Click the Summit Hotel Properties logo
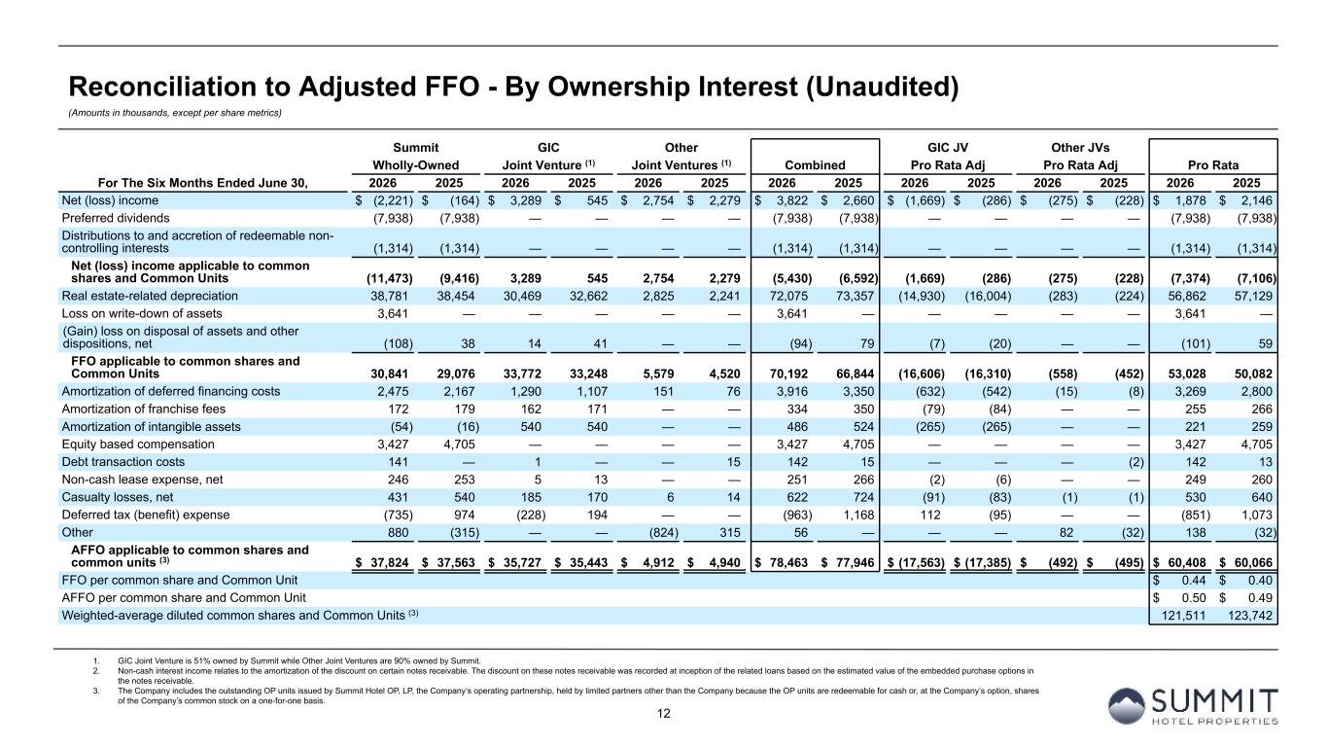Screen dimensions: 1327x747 (x=1193, y=706)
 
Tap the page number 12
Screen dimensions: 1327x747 (x=663, y=713)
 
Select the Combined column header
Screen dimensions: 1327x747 (x=815, y=164)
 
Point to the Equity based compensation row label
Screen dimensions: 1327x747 (x=138, y=445)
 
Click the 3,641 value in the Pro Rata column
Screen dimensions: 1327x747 (x=1190, y=313)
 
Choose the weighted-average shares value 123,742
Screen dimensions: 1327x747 (x=1250, y=616)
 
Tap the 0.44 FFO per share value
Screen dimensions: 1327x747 (x=1194, y=580)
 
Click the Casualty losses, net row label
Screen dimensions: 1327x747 (x=118, y=497)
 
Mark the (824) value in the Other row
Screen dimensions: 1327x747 (x=663, y=532)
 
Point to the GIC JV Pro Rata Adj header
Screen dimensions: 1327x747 (x=947, y=156)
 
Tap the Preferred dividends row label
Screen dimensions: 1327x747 (x=116, y=218)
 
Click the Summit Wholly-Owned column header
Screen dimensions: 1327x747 (x=415, y=156)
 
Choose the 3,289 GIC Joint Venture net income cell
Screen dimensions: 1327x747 (x=526, y=200)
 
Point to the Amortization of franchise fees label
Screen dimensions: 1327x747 (x=143, y=409)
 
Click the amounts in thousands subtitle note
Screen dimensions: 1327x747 (x=175, y=113)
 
